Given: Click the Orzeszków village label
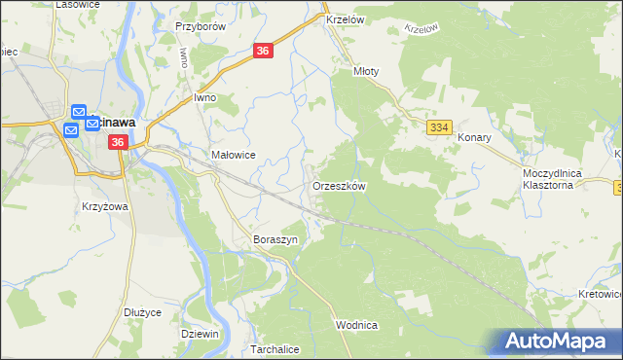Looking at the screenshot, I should pyautogui.click(x=339, y=185).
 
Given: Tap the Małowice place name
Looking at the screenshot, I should pyautogui.click(x=233, y=155).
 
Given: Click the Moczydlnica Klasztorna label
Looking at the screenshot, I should pyautogui.click(x=551, y=178).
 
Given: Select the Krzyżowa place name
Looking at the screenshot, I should pyautogui.click(x=106, y=207).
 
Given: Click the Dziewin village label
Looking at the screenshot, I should pyautogui.click(x=200, y=333).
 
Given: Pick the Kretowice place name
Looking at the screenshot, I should pyautogui.click(x=598, y=293).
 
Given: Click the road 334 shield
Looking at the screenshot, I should pyautogui.click(x=439, y=127).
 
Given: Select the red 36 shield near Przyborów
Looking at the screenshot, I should pyautogui.click(x=264, y=50).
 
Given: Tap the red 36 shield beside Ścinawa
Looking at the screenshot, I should pyautogui.click(x=118, y=142).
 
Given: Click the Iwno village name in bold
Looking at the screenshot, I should pyautogui.click(x=204, y=97).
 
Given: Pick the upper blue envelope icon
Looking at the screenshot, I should pyautogui.click(x=80, y=113).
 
